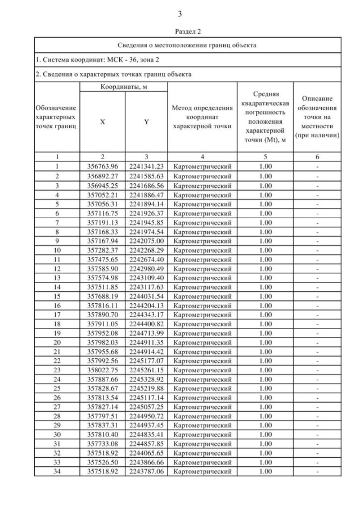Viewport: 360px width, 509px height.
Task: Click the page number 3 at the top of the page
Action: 180,13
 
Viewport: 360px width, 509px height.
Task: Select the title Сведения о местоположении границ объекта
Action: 188,45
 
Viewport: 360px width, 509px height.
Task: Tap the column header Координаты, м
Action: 124,87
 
